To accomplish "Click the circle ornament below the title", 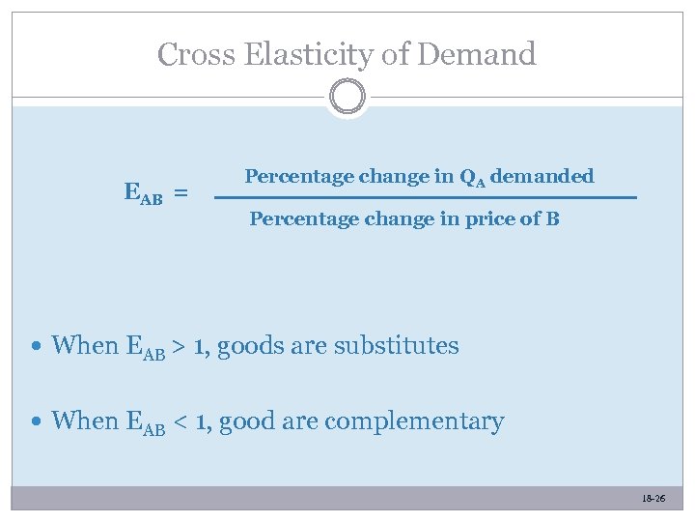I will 347,98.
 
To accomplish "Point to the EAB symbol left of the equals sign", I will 144,193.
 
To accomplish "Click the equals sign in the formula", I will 181,194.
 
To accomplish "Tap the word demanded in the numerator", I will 542,177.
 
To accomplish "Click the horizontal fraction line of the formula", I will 425,197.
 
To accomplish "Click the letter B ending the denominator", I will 553,218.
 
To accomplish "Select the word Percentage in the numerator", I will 298,178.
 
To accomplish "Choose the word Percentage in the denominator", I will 303,219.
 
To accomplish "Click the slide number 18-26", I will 653,498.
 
